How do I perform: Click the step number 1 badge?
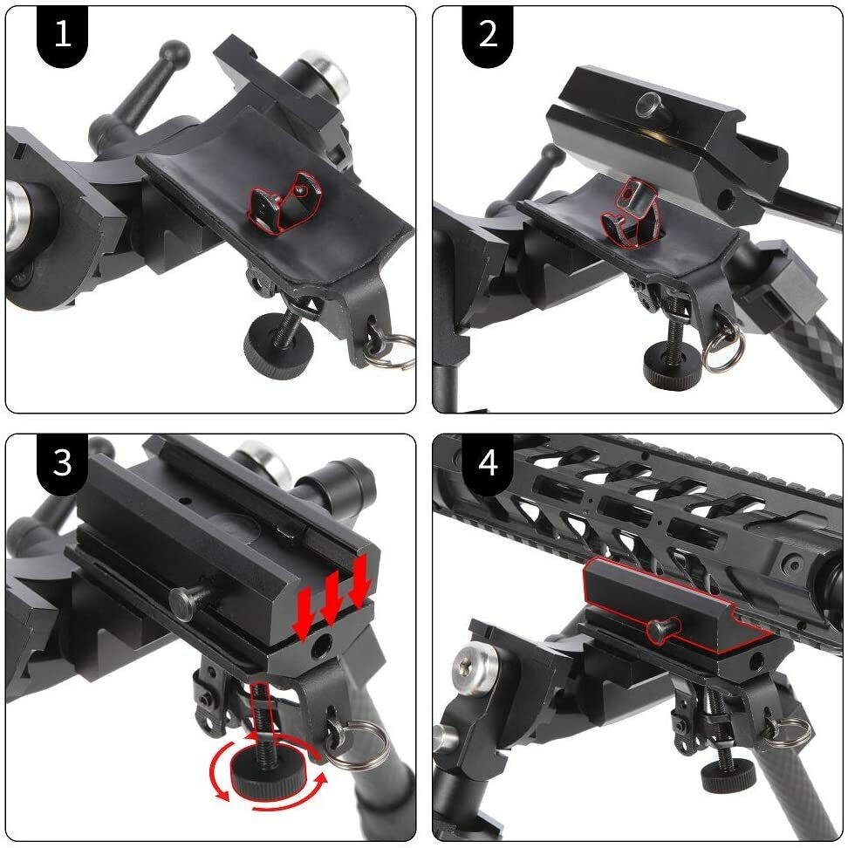(62, 35)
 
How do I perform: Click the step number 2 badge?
(488, 35)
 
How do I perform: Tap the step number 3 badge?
(62, 462)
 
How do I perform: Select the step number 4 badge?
(488, 462)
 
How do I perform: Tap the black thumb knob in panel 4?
(728, 775)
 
